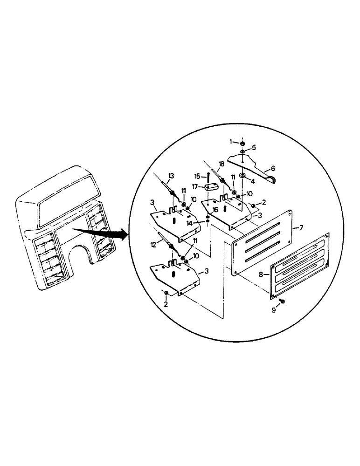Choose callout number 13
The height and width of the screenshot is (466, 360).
tap(171, 175)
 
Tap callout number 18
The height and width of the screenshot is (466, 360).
tap(221, 164)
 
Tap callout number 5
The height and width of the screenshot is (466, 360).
tap(254, 148)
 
